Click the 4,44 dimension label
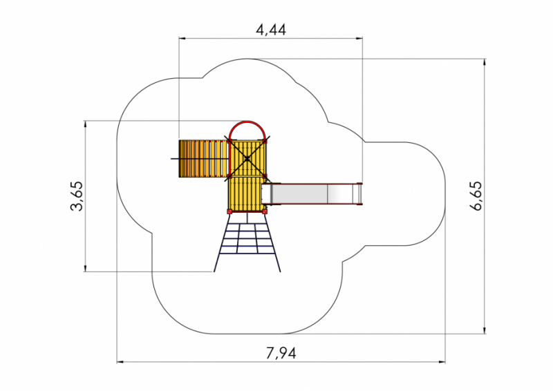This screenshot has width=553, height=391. (x=271, y=30)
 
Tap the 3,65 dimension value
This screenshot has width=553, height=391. (x=77, y=196)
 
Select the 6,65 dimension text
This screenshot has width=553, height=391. (x=476, y=196)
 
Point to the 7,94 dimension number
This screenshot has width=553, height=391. (x=281, y=352)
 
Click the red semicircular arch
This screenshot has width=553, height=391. (x=247, y=122)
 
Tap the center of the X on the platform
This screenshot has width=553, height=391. (x=247, y=159)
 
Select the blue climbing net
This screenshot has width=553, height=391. (x=247, y=242)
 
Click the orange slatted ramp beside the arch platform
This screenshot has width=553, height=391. (x=203, y=159)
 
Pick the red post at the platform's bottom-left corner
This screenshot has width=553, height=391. (x=229, y=211)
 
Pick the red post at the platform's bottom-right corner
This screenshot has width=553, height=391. (x=265, y=211)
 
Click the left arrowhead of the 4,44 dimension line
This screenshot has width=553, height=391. (x=182, y=38)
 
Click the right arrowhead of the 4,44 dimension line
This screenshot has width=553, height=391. (x=359, y=38)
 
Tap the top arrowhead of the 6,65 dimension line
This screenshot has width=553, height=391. (x=485, y=62)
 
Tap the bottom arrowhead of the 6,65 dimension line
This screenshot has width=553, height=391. (x=485, y=330)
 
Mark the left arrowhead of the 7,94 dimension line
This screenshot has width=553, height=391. (x=120, y=362)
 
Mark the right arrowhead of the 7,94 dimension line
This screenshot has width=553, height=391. (x=442, y=362)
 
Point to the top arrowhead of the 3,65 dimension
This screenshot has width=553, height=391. (x=85, y=124)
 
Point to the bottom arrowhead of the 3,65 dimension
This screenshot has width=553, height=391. (x=85, y=268)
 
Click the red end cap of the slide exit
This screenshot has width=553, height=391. (x=359, y=193)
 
